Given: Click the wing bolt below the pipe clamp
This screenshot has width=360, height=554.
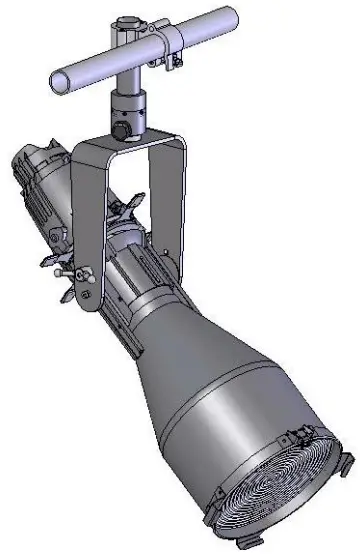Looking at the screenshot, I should point(177,64).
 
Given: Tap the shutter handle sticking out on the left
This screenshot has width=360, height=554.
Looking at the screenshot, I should point(55,262).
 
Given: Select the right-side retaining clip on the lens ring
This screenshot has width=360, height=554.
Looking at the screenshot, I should point(345,466).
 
